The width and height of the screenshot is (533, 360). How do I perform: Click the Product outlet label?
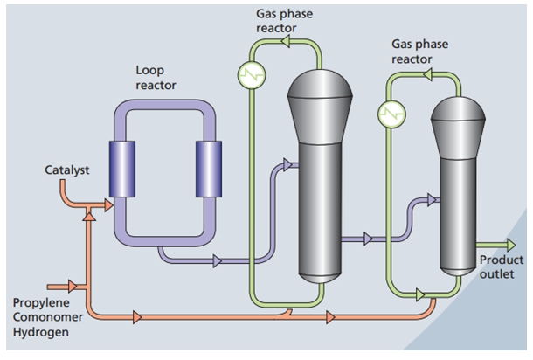coord(501,268)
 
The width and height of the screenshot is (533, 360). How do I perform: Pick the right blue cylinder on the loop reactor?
coord(210,169)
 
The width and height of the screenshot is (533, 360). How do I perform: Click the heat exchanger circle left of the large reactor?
coord(252,74)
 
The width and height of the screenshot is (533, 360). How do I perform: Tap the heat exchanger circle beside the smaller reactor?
coord(390,112)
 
